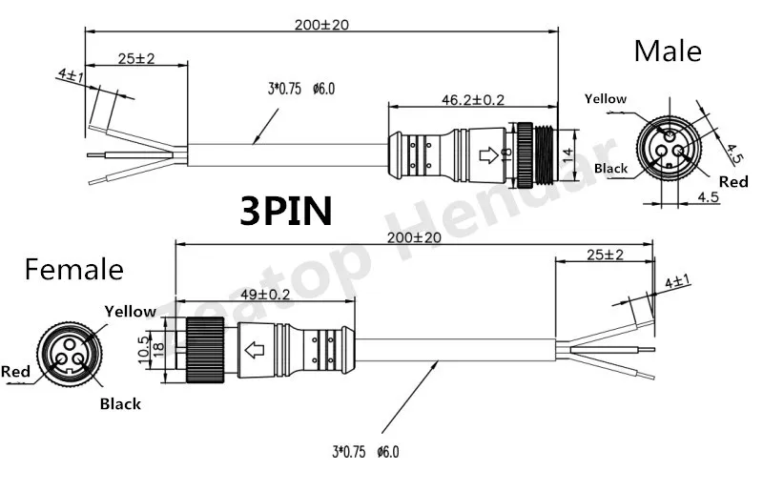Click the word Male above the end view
668,50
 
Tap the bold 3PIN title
285,210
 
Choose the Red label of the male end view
732,181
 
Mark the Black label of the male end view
610,169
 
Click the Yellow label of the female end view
129,311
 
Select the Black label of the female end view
120,403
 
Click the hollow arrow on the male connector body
488,153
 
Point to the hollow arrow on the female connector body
256,349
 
